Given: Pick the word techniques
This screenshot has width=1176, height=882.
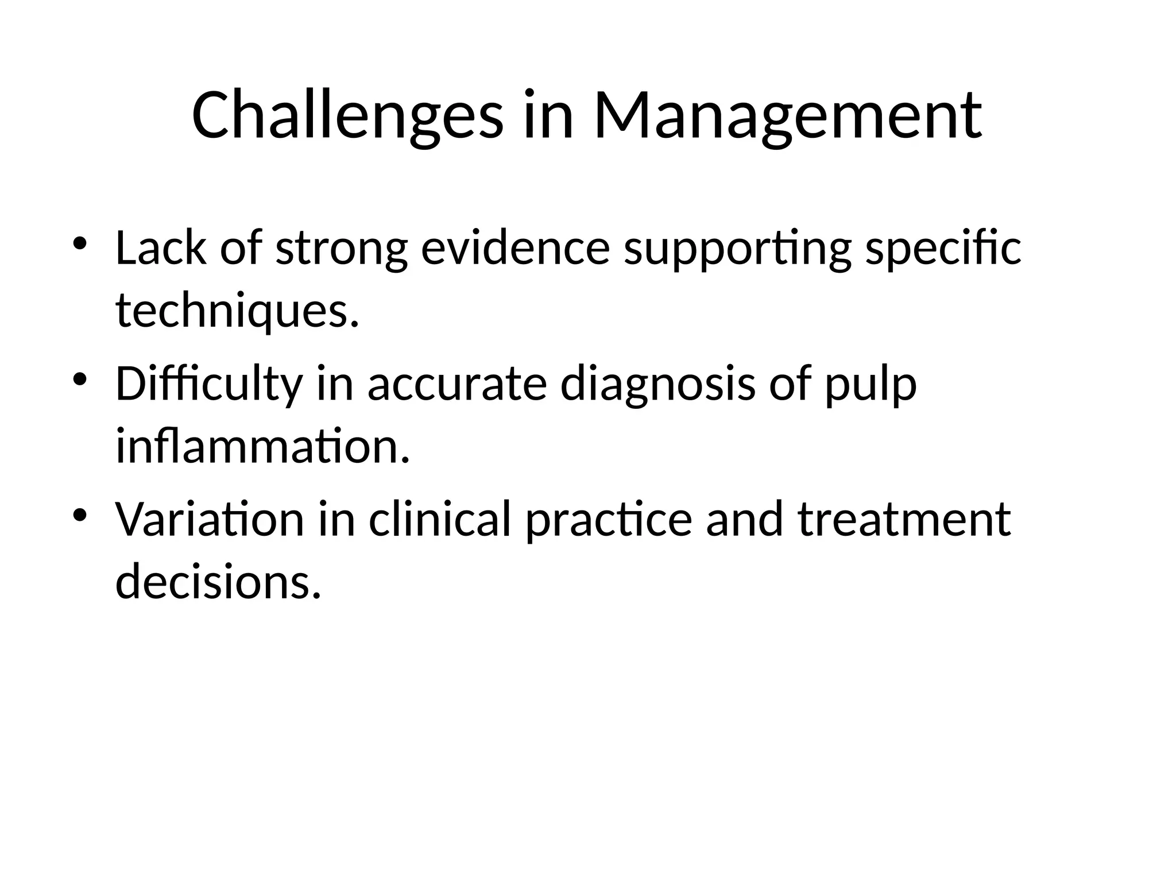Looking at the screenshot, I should (x=237, y=313).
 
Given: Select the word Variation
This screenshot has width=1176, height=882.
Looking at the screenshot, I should (x=210, y=519).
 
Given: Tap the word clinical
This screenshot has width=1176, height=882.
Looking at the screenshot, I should (x=439, y=519).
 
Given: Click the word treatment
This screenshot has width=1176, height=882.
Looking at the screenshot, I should (x=904, y=519).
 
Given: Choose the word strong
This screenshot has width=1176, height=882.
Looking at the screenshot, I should (x=342, y=250).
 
